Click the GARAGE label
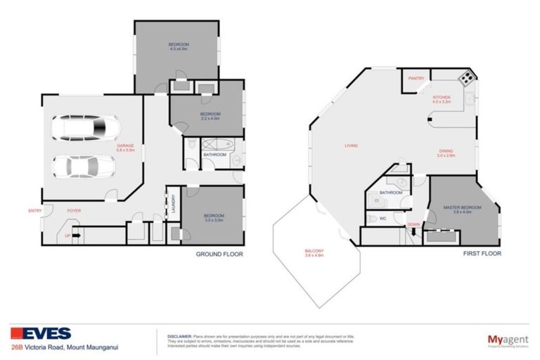(x=125, y=148)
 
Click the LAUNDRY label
(x=172, y=205)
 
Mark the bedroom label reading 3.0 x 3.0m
(x=214, y=217)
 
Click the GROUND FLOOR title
(x=219, y=254)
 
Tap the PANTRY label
(x=416, y=79)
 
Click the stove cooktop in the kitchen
(x=465, y=78)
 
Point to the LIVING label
(x=350, y=146)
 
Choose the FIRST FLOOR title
(x=482, y=254)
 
